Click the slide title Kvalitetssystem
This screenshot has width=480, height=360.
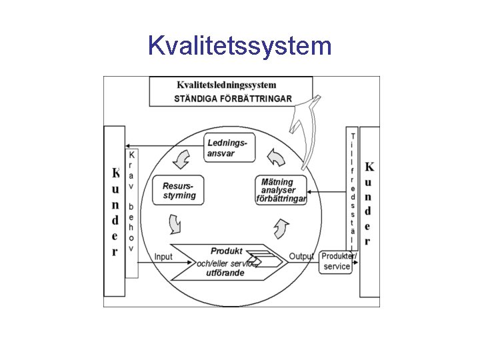pyautogui.click(x=239, y=46)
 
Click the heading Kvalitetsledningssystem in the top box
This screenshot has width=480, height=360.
pyautogui.click(x=227, y=85)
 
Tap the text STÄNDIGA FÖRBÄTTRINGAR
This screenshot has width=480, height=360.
pyautogui.click(x=233, y=99)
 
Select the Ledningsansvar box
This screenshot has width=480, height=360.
pyautogui.click(x=227, y=148)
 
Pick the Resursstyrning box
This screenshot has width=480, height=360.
pyautogui.click(x=179, y=190)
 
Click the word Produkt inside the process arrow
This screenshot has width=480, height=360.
pyautogui.click(x=226, y=251)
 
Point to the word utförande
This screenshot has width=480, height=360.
pyautogui.click(x=225, y=273)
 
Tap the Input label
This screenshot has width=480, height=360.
pyautogui.click(x=163, y=257)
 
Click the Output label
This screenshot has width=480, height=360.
pyautogui.click(x=301, y=257)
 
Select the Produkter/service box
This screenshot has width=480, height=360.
pyautogui.click(x=337, y=261)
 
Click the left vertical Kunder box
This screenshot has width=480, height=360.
pyautogui.click(x=115, y=212)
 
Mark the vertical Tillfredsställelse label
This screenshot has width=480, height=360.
pyautogui.click(x=352, y=190)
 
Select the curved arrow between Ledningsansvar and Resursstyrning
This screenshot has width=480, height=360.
pyautogui.click(x=180, y=160)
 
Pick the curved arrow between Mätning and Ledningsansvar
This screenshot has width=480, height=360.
pyautogui.click(x=275, y=157)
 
